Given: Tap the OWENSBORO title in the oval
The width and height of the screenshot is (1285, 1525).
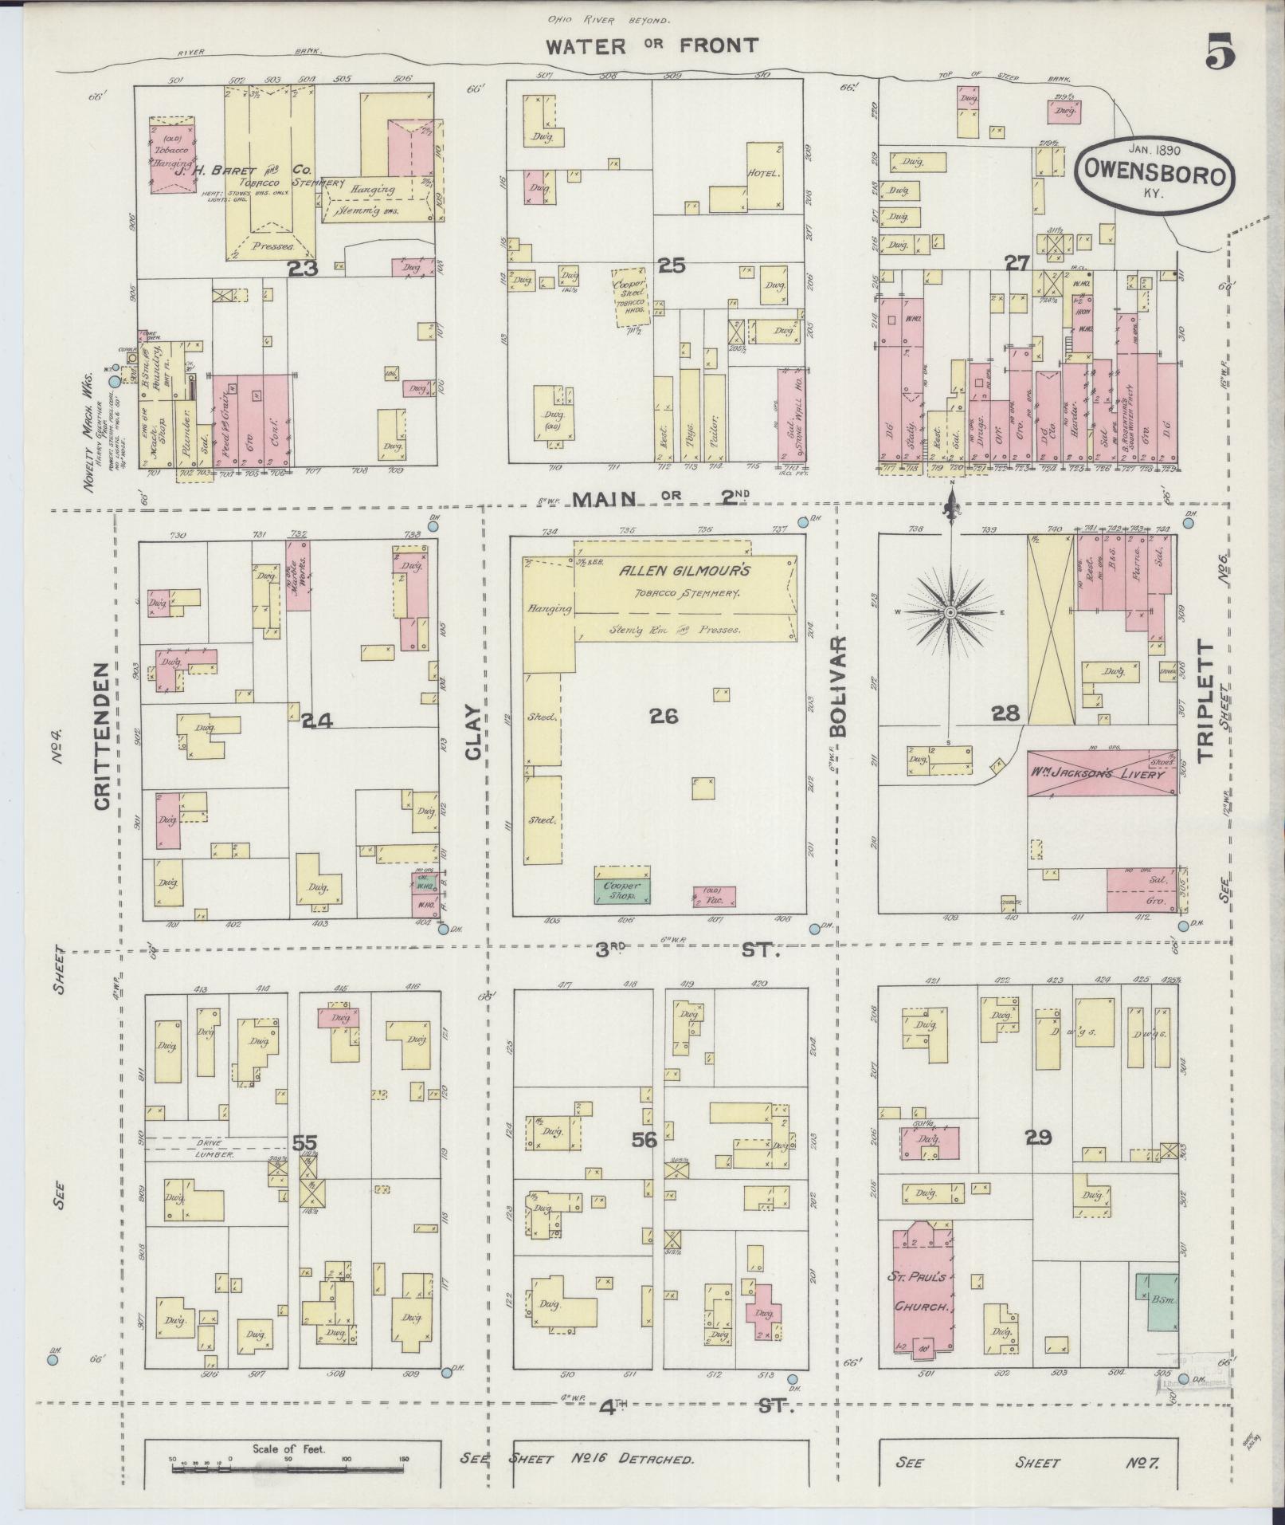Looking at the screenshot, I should [x=1154, y=175].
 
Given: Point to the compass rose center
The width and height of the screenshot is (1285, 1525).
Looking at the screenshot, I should [x=950, y=612].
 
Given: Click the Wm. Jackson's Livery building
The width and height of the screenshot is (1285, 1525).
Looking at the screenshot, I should [x=1102, y=772].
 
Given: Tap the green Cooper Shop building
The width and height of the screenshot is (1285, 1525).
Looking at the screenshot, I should [x=622, y=890].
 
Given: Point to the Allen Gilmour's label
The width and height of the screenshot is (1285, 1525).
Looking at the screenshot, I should [x=685, y=572].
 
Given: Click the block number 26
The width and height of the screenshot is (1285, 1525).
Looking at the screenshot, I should [x=663, y=717].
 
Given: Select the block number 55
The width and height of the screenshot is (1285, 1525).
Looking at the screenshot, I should [x=304, y=1143].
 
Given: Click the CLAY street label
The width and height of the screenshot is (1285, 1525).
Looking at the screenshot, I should [x=474, y=731].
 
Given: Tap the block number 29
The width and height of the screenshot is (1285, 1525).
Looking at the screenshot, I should [x=1038, y=1138].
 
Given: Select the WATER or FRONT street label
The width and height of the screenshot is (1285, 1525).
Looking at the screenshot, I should [x=651, y=45].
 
